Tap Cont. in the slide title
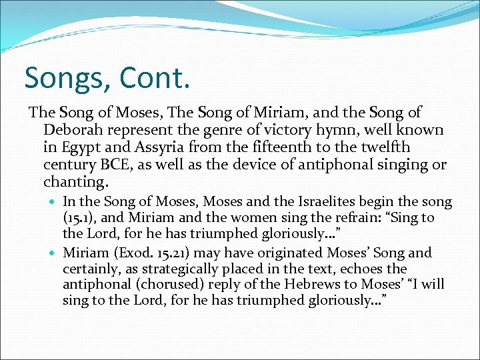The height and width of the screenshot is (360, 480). (155, 79)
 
